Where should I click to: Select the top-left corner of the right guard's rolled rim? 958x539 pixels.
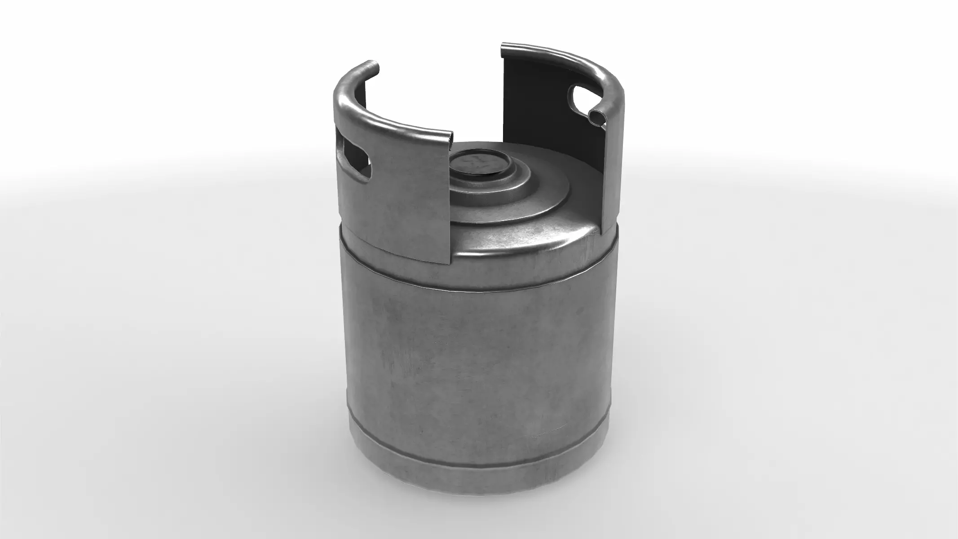click(503, 45)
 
